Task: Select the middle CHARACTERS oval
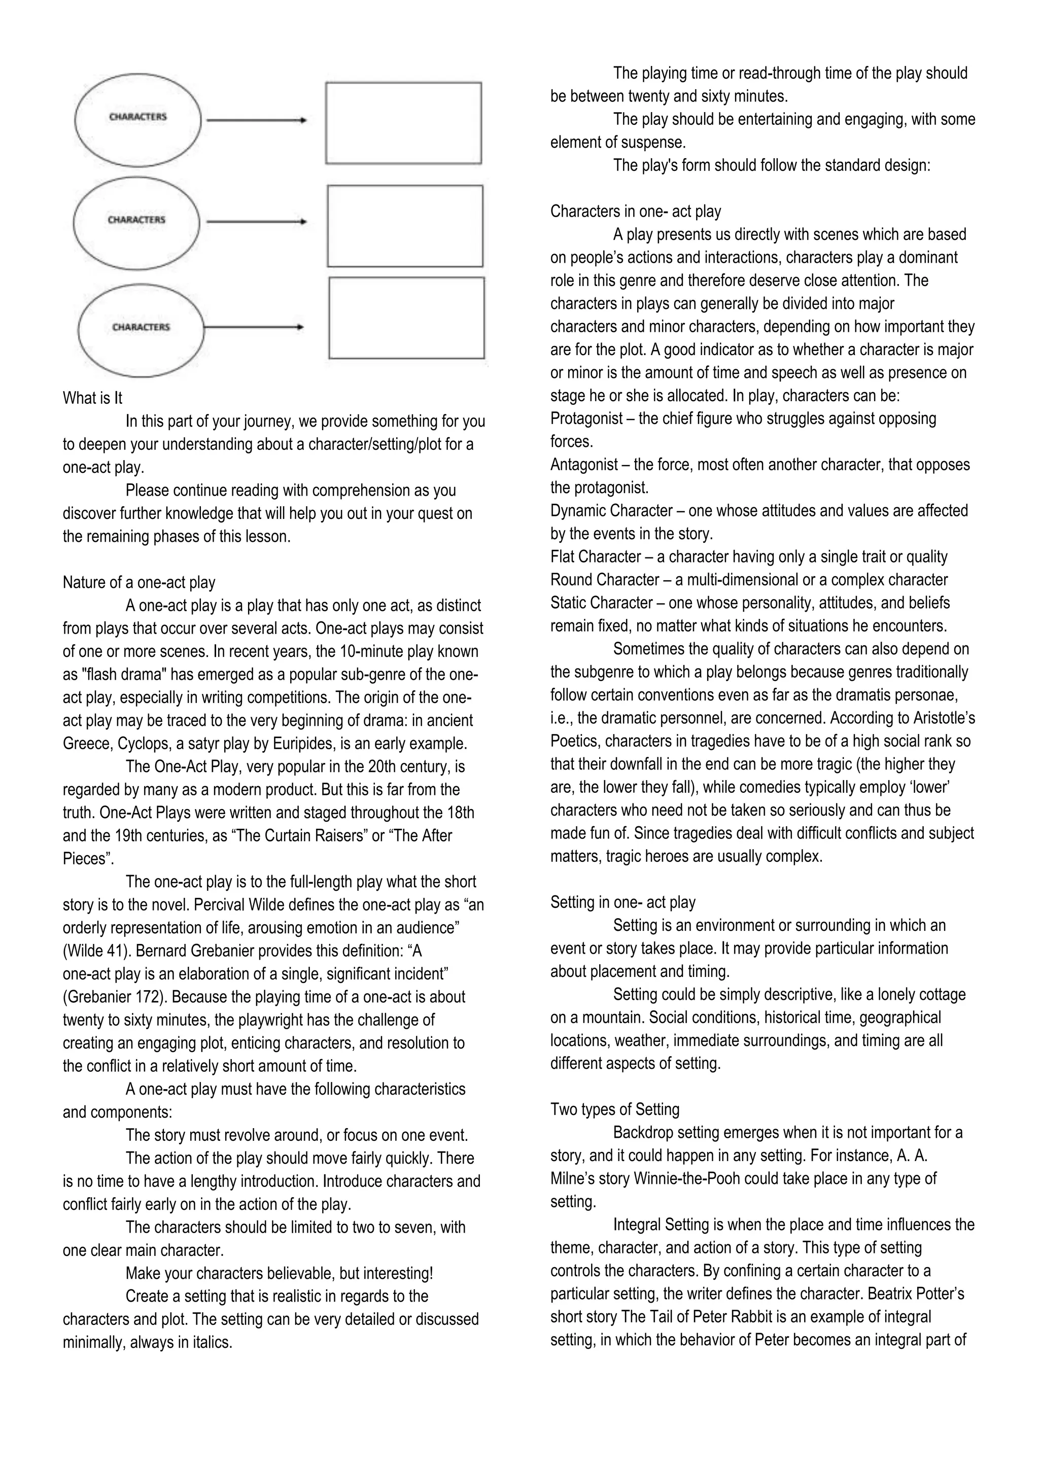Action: (136, 221)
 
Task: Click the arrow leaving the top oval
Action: (256, 120)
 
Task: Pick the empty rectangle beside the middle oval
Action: (405, 226)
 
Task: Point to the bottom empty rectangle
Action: (406, 318)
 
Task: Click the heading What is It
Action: (92, 398)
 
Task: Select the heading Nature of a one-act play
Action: (139, 582)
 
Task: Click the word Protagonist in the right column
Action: (586, 418)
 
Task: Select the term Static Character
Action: (601, 603)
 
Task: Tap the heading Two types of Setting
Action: (615, 1109)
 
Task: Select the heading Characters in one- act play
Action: (635, 211)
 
